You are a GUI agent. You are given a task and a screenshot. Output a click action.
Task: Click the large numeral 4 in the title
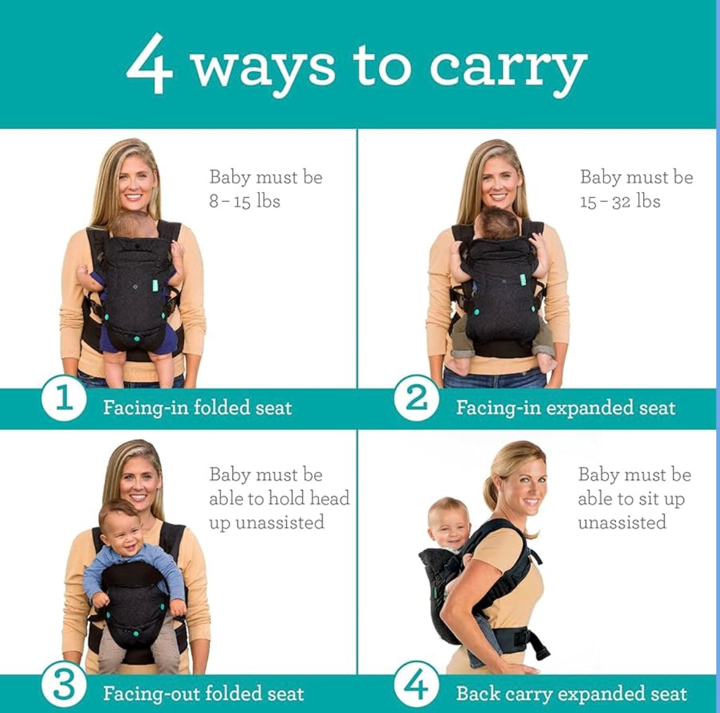pos(149,64)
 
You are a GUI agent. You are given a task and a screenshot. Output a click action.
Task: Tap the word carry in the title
pos(507,68)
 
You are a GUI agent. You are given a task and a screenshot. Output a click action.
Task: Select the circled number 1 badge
pos(64,398)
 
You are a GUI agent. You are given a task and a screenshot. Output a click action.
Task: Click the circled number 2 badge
pos(416,398)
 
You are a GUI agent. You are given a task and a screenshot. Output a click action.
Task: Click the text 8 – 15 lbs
pos(245,201)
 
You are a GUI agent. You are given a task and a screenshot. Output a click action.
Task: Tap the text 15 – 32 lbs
pos(620,201)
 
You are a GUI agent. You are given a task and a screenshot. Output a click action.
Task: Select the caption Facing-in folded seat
pos(197,408)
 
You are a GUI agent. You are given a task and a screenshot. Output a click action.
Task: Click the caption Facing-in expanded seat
pos(565,408)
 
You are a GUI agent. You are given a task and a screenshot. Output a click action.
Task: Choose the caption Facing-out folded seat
pos(203,693)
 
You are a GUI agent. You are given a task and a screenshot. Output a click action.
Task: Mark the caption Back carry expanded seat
pos(571,693)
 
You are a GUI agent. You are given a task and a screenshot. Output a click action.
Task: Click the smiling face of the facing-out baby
pos(122,527)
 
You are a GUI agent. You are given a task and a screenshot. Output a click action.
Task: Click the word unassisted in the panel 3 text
pos(266,522)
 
